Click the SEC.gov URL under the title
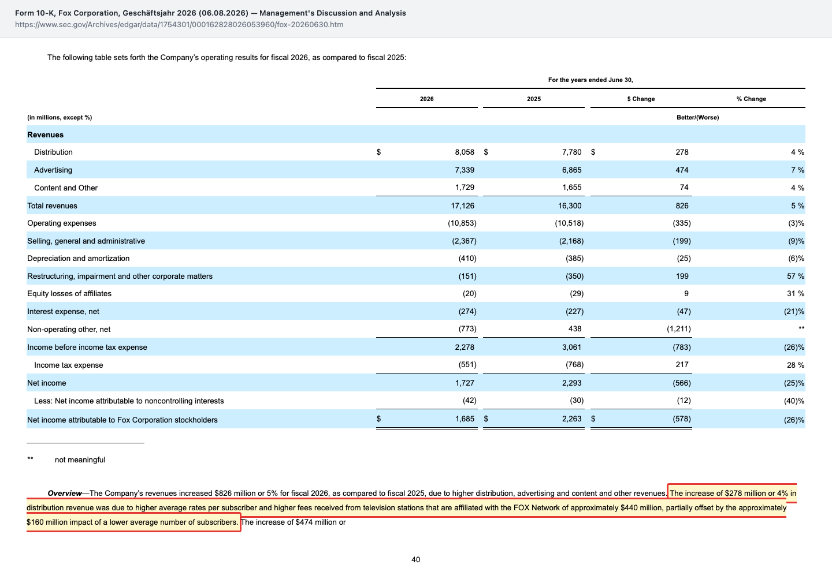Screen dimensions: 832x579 179,24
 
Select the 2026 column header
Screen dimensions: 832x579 427,99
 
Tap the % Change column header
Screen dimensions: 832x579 751,99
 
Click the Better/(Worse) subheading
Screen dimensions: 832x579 697,117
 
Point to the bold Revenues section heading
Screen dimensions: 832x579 45,135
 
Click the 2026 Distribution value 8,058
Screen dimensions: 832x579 465,152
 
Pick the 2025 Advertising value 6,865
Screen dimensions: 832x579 571,170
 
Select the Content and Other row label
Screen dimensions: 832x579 66,188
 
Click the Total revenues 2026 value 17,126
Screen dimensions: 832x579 462,206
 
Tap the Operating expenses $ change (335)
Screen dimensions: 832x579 682,223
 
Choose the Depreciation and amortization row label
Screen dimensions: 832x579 79,258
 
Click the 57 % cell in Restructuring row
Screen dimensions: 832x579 795,276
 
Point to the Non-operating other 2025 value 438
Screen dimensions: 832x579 575,329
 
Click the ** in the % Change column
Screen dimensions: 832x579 801,328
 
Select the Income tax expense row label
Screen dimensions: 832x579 69,365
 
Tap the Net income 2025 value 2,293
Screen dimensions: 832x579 571,383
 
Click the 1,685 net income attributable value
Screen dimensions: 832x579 465,419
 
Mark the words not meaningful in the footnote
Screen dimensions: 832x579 80,460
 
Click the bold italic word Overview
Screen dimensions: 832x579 65,493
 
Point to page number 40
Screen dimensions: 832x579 416,560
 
